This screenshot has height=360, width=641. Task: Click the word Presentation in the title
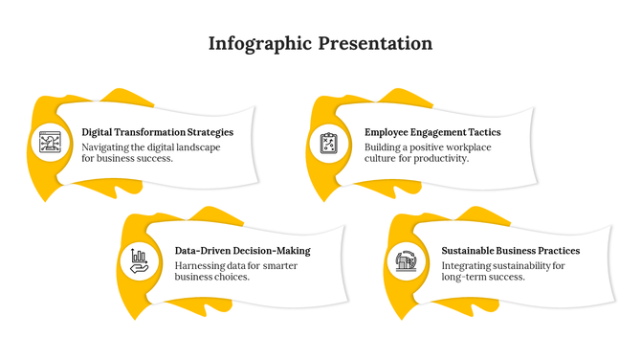375,44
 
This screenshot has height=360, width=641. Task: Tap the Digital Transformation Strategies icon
50,144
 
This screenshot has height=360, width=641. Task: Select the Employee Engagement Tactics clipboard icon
329,144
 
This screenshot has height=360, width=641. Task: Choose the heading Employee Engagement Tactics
432,132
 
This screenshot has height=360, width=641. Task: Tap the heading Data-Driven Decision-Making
242,251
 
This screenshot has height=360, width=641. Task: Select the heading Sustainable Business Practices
510,251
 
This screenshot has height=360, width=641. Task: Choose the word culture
381,159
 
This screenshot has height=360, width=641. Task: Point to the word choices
230,278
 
